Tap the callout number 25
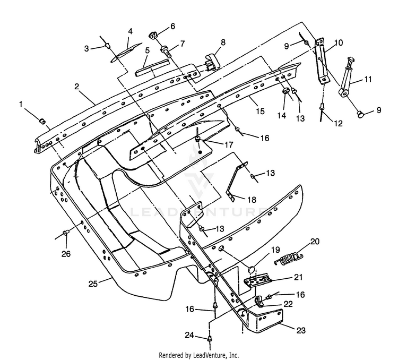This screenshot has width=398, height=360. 93,284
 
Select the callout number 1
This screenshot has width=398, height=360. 21,104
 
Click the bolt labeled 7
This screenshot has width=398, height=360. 165,51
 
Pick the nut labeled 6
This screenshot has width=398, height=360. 153,36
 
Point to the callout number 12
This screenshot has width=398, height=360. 338,123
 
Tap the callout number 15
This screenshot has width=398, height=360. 261,111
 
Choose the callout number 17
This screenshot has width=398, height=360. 228,144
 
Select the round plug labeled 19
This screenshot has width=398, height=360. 251,269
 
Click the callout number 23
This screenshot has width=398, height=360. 301,330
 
